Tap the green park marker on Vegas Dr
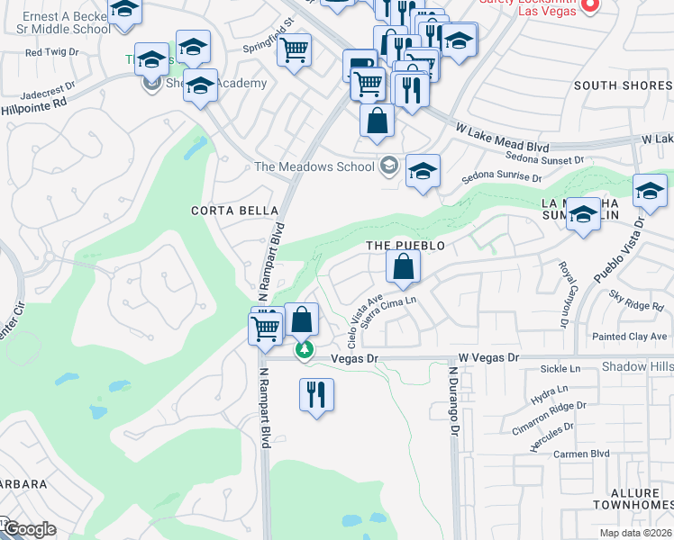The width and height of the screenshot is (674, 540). click(305, 349)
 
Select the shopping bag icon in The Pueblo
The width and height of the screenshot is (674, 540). click(403, 266)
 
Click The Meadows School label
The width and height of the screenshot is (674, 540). click(314, 166)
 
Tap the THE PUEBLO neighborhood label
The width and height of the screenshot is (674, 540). click(405, 245)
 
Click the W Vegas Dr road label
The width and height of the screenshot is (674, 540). click(489, 357)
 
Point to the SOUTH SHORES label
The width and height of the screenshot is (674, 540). click(621, 85)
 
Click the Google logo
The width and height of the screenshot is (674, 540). click(29, 529)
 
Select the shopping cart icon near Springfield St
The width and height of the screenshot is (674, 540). click(294, 50)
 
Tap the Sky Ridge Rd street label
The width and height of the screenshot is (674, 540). click(636, 301)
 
